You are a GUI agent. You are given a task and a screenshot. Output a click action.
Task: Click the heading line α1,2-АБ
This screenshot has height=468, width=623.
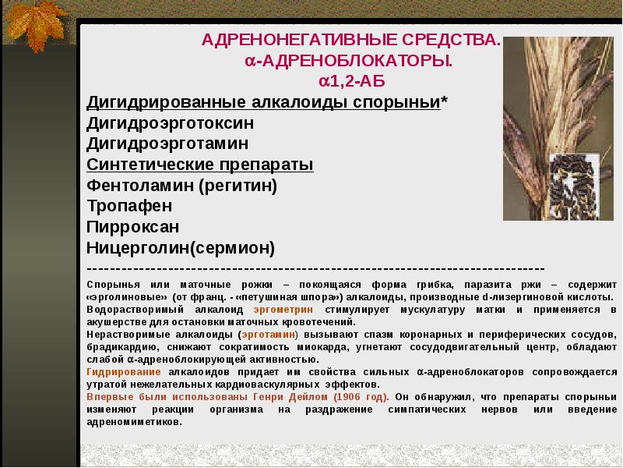coord(351,82)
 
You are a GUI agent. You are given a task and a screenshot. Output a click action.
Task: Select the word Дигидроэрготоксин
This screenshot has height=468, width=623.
coord(170,123)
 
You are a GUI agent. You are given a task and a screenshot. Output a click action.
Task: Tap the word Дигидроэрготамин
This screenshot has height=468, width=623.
coord(167,144)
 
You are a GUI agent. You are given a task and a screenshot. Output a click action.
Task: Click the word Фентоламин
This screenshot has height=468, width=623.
coord(139,186)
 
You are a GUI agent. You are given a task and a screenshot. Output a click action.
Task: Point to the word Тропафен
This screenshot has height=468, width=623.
coord(129,206)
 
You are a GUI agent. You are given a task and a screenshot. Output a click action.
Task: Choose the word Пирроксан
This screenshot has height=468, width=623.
coord(133,227)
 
